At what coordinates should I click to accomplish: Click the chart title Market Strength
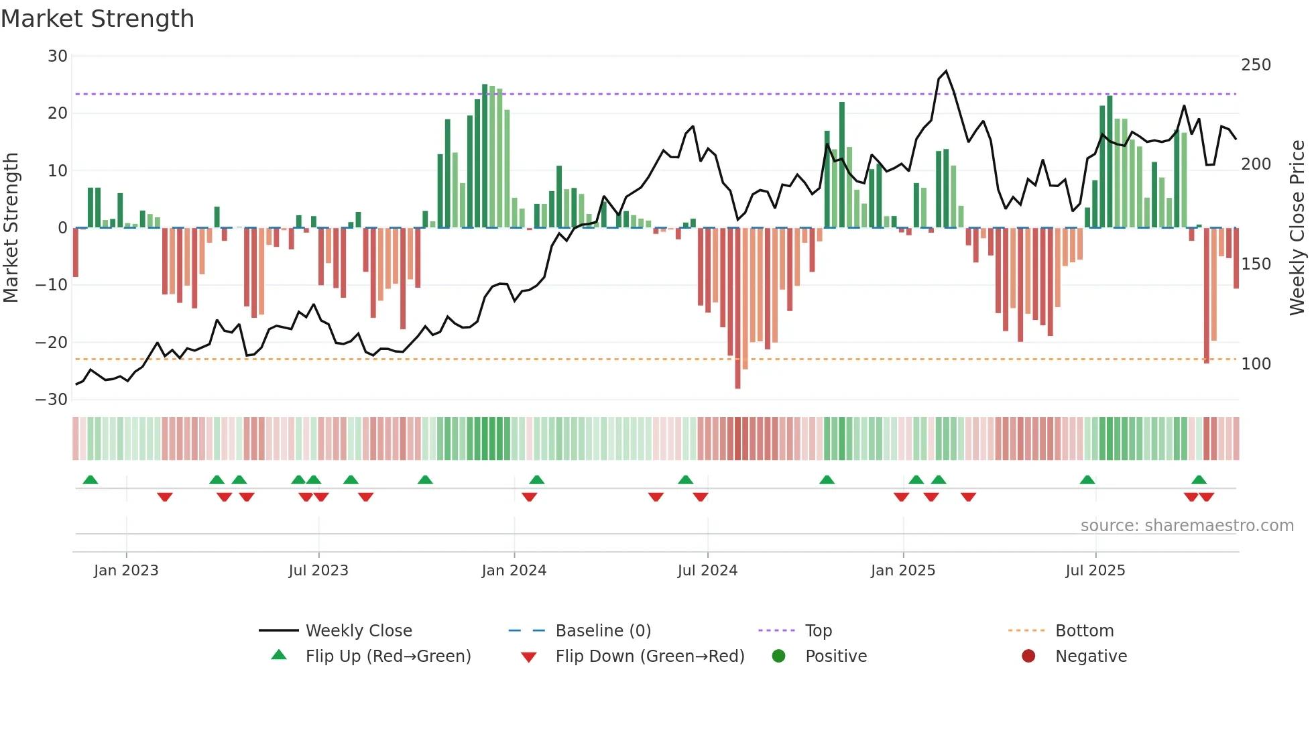pos(97,19)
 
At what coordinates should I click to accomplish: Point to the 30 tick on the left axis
pos(58,56)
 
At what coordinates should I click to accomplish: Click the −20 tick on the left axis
pos(52,343)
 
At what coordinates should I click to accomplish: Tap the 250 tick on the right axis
pos(1256,65)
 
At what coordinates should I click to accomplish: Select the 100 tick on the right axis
pos(1256,364)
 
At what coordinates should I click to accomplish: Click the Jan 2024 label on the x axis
pos(514,571)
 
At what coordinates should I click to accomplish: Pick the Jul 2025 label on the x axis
pos(1095,571)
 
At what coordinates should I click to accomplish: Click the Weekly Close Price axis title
pos(1297,228)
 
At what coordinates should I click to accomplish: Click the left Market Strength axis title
pos(11,228)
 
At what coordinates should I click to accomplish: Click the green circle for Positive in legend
pos(778,657)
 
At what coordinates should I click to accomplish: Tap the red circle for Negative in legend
pos(1028,657)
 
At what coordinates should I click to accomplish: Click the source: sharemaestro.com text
pos(1187,526)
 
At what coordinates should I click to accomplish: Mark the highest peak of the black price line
pos(946,71)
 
